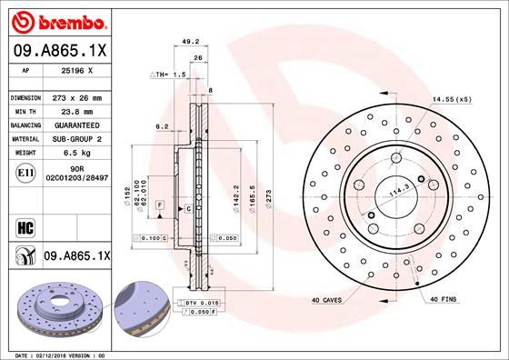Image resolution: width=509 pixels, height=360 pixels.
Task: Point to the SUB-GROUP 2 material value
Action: [75, 139]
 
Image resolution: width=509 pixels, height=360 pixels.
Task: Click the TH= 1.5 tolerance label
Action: [168, 73]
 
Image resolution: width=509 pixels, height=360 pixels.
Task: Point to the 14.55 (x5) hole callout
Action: [451, 98]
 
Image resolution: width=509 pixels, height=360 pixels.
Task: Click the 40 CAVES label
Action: [327, 299]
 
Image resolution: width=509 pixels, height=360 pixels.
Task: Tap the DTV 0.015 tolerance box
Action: [202, 301]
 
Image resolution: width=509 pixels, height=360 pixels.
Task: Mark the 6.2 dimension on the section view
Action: [160, 125]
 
